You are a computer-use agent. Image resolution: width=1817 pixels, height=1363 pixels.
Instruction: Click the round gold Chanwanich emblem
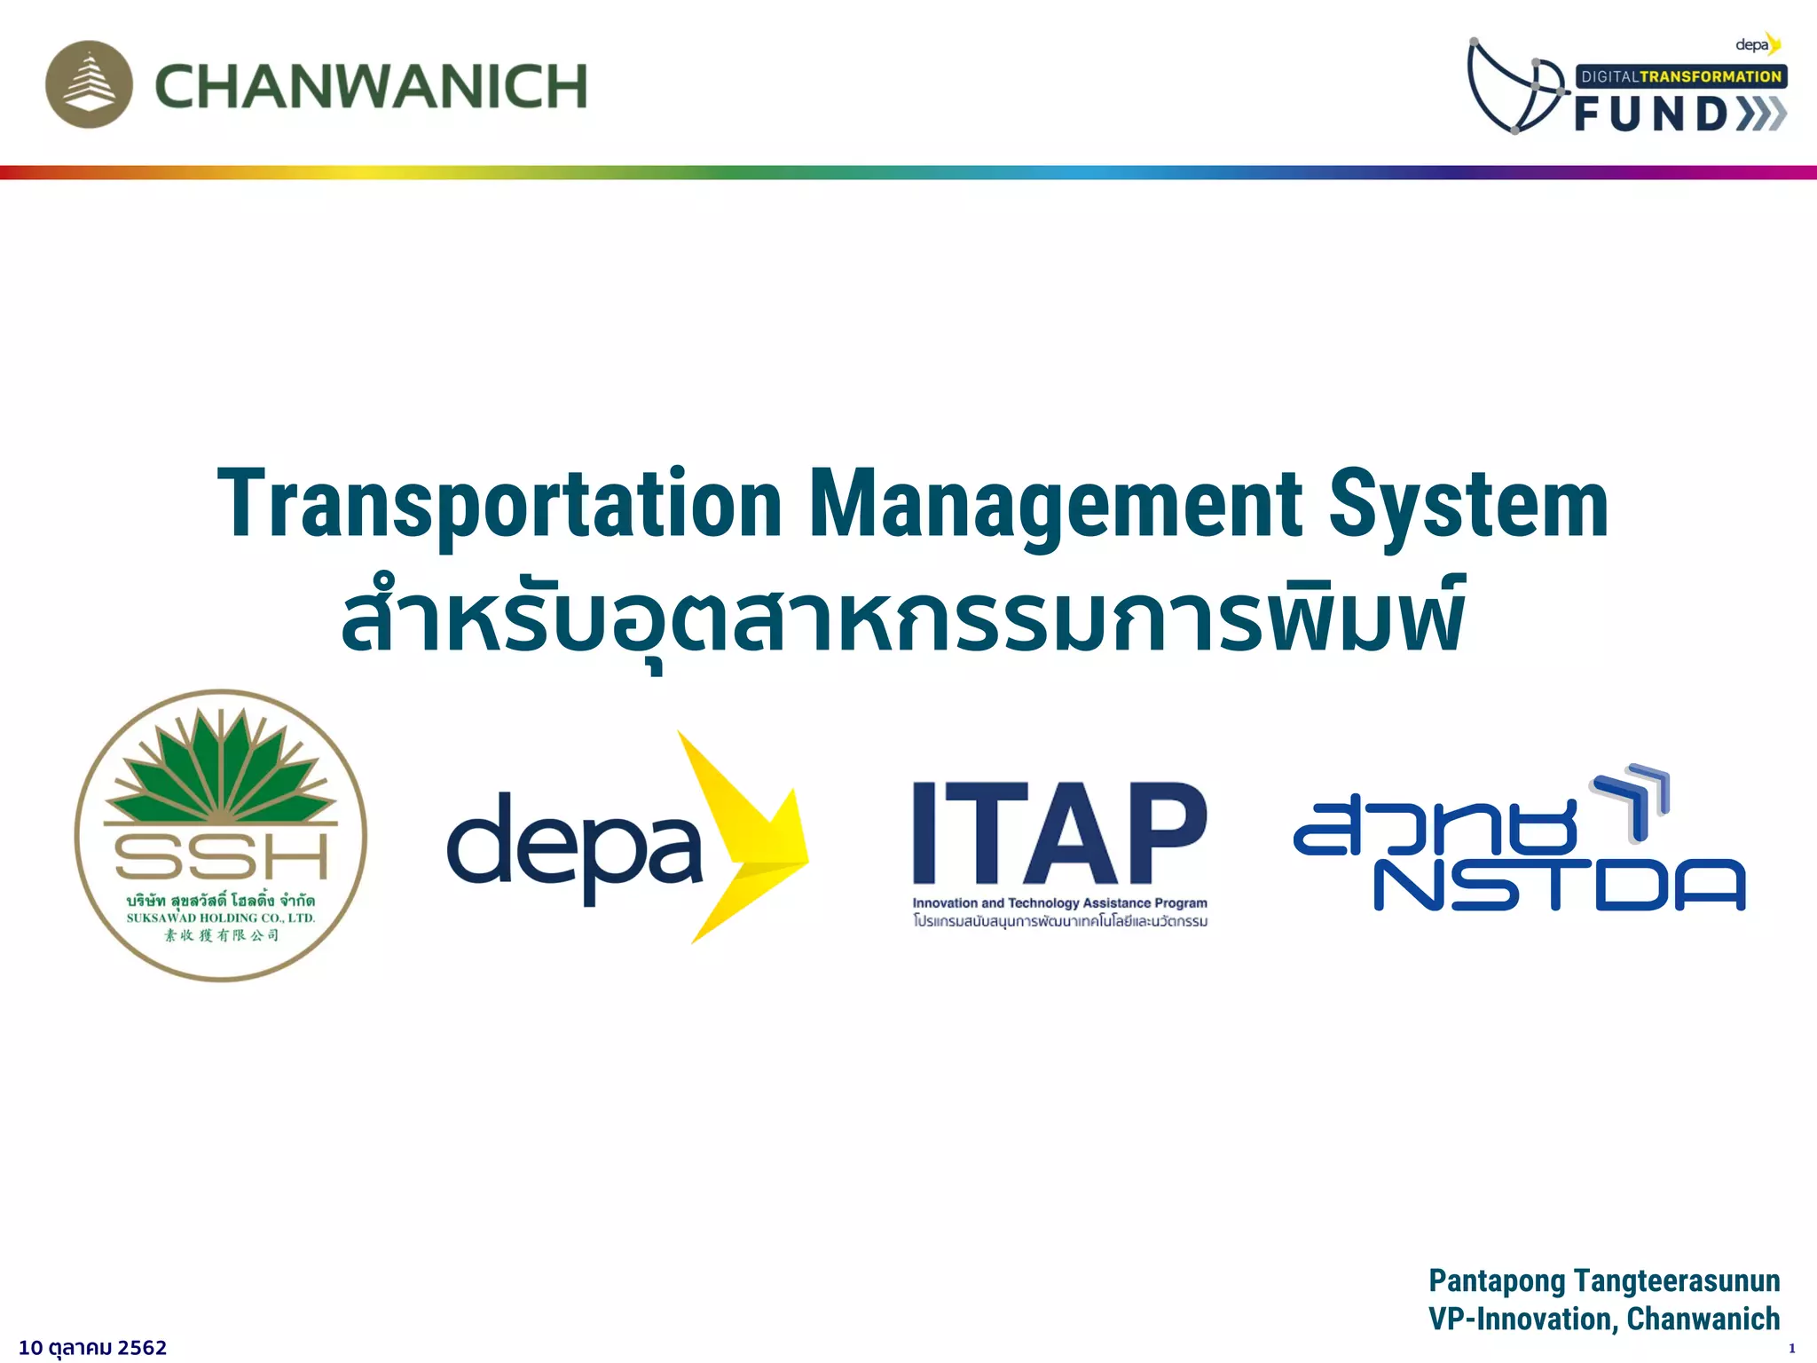89,84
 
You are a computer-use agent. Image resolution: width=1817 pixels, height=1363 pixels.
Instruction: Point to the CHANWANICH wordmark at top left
371,86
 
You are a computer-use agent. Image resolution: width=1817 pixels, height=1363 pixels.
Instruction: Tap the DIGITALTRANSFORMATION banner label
1681,76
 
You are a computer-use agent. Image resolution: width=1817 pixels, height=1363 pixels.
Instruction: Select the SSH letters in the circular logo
221,855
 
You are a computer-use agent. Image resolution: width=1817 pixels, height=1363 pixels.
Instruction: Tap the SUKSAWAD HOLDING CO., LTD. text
221,918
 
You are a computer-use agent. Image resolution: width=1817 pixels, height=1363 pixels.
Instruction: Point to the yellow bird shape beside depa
750,834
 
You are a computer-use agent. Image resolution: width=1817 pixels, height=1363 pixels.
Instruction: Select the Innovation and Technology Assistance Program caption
1060,903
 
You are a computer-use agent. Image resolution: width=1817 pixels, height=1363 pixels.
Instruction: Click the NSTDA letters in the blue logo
1559,885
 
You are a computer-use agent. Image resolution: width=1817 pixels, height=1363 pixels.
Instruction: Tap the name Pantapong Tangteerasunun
1604,1281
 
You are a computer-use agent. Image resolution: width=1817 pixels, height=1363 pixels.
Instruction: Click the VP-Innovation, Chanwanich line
1604,1320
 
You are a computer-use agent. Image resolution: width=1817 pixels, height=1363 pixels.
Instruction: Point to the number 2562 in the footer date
142,1348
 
